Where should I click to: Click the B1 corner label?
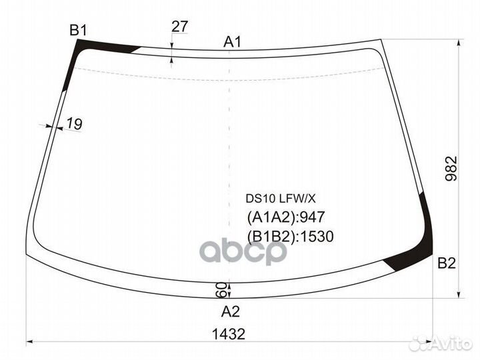tap(79, 30)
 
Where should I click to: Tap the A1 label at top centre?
tap(233, 41)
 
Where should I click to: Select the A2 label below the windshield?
tap(230, 311)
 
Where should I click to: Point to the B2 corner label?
tap(447, 263)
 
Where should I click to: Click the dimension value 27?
tap(180, 27)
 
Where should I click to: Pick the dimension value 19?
tap(75, 124)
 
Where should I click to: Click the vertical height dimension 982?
tap(451, 169)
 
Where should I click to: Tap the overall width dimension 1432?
tap(229, 334)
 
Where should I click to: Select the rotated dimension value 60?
tap(221, 290)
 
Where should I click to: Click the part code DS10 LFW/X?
tap(281, 199)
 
